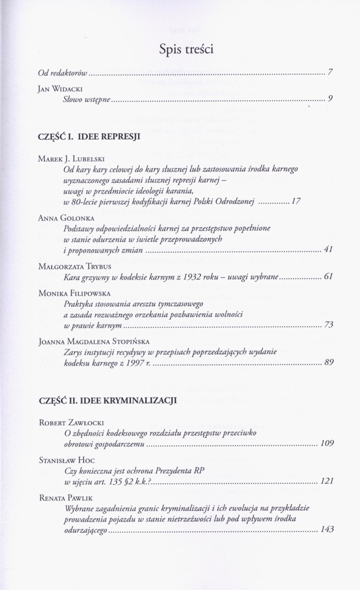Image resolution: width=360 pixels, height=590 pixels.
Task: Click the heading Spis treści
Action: tap(186, 50)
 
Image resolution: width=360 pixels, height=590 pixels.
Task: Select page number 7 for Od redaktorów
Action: tap(330, 73)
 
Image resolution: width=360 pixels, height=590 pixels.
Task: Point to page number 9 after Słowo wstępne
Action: tap(330, 99)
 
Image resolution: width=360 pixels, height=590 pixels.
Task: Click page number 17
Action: tap(296, 201)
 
